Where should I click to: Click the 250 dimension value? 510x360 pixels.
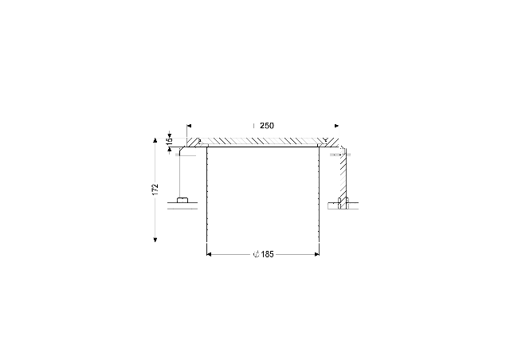[267, 126]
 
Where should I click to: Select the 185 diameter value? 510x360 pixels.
[268, 254]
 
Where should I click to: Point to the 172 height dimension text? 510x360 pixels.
[155, 190]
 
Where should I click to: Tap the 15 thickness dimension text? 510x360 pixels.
[169, 142]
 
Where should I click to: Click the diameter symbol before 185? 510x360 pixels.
[257, 254]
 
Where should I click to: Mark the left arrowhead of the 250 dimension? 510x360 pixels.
[190, 126]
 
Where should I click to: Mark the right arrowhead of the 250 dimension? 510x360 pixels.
[336, 126]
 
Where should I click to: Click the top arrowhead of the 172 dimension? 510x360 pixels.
[155, 140]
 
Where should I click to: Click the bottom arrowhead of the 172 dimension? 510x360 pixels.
[155, 240]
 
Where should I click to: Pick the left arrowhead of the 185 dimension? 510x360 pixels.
[209, 254]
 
